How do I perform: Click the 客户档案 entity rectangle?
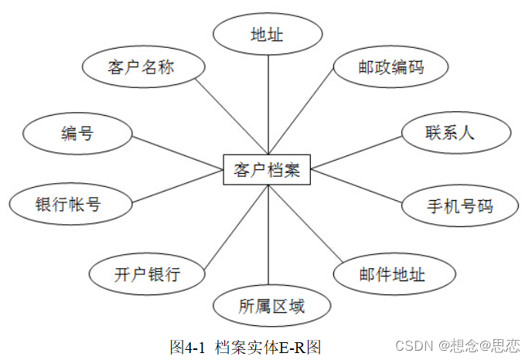coord(267,169)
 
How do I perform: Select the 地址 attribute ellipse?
coord(267,36)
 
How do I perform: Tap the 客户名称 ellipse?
coord(142,67)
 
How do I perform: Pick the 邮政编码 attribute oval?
coord(390,67)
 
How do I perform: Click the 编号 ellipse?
coord(77,134)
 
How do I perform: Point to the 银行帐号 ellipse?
coord(68,205)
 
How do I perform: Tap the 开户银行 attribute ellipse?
coord(147,273)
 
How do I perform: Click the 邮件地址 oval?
coord(391,273)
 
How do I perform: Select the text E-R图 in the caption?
coord(302,347)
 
